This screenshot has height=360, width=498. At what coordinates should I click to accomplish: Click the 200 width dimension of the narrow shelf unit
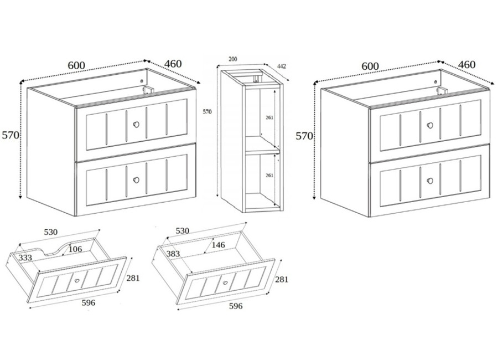pyautogui.click(x=233, y=59)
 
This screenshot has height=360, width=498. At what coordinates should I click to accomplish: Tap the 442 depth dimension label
pyautogui.click(x=282, y=66)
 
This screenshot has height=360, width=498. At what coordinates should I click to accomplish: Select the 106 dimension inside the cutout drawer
pyautogui.click(x=75, y=249)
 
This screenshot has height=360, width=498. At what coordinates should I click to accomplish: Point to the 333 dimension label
pyautogui.click(x=25, y=258)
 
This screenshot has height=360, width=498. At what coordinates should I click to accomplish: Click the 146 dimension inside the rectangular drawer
pyautogui.click(x=218, y=245)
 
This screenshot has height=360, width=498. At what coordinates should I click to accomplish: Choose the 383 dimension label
pyautogui.click(x=173, y=254)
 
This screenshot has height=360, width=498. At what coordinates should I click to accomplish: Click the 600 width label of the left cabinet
pyautogui.click(x=76, y=65)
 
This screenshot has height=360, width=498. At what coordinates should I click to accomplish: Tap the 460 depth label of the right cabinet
pyautogui.click(x=466, y=65)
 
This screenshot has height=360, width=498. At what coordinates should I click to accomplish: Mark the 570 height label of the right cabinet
pyautogui.click(x=304, y=136)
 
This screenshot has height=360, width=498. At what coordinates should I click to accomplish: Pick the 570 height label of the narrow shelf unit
pyautogui.click(x=207, y=112)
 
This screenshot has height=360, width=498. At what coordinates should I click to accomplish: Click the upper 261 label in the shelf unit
pyautogui.click(x=269, y=117)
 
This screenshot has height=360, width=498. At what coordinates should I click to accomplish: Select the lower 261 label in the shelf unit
pyautogui.click(x=269, y=175)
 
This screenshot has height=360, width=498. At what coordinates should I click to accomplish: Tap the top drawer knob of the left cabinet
pyautogui.click(x=136, y=125)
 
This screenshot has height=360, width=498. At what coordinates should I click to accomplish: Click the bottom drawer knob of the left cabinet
pyautogui.click(x=136, y=180)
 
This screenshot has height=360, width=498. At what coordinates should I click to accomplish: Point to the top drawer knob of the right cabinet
pyautogui.click(x=430, y=125)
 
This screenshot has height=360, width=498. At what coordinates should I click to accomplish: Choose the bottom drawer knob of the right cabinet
pyautogui.click(x=430, y=181)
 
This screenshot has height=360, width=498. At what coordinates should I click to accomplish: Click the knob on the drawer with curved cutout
pyautogui.click(x=77, y=281)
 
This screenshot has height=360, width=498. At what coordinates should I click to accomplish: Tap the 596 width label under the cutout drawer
pyautogui.click(x=89, y=303)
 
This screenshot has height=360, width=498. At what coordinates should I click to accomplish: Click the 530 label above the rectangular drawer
pyautogui.click(x=182, y=230)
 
